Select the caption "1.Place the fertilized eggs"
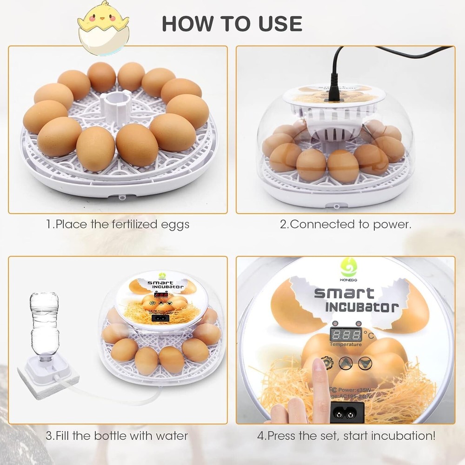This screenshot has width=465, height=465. click(x=118, y=225)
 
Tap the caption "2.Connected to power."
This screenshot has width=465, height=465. click(x=345, y=225)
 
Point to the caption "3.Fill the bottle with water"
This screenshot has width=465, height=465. click(x=117, y=436)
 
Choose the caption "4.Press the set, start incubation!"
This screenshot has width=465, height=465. click(x=346, y=436)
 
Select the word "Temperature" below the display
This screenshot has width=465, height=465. click(x=345, y=345)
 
